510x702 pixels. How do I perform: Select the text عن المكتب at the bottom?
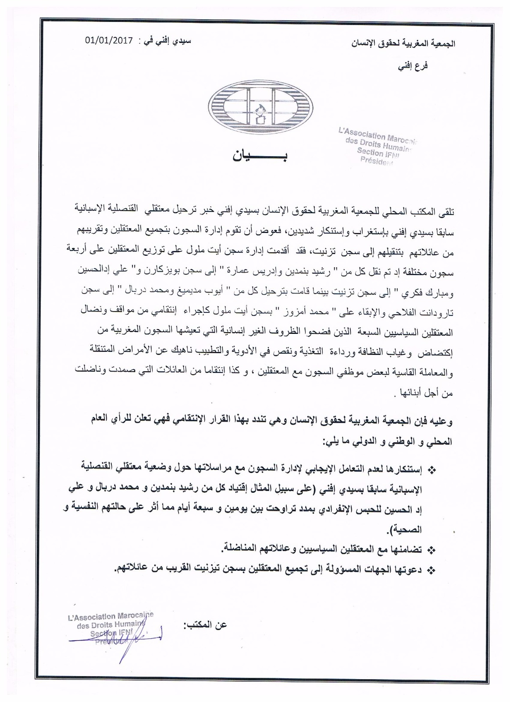pyautogui.click(x=206, y=624)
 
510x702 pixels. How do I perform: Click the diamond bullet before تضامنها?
pyautogui.click(x=432, y=549)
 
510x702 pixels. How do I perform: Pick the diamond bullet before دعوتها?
pyautogui.click(x=432, y=569)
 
